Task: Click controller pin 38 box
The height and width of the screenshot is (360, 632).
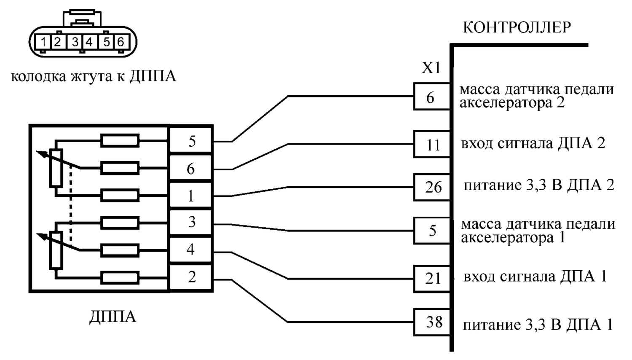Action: point(432,322)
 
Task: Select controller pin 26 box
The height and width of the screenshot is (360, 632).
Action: point(432,187)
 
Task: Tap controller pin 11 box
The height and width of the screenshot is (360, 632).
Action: point(432,144)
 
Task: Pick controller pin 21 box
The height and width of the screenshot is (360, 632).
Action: point(432,279)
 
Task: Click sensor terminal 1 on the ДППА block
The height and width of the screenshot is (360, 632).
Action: point(191,196)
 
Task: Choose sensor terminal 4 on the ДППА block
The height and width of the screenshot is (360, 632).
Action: point(191,250)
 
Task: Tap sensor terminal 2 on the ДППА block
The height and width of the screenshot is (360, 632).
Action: point(191,277)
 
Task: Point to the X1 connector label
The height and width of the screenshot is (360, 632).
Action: point(431,68)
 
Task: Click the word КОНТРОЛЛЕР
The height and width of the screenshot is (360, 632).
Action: point(517,27)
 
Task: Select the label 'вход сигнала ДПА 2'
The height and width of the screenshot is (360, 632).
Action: point(533,143)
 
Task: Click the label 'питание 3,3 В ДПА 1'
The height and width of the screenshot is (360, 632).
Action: point(538,325)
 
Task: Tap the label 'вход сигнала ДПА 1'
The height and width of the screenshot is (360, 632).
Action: point(535,277)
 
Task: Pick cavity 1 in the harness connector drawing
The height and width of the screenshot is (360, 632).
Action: point(43,42)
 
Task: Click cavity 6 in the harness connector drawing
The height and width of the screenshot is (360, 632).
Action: point(121,42)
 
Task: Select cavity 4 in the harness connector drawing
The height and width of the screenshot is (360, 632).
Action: point(89,42)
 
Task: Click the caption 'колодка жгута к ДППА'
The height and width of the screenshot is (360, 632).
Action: point(94,76)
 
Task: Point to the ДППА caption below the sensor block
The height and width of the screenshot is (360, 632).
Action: point(112,317)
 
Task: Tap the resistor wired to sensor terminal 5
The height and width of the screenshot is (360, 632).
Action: point(120,141)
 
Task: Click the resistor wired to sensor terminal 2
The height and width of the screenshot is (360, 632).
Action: point(120,278)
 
